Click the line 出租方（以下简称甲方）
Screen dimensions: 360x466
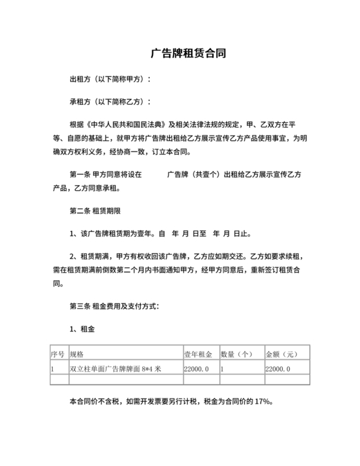pyautogui.click(x=110, y=79)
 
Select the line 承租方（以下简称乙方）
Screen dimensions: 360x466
pyautogui.click(x=110, y=102)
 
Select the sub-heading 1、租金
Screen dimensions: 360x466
pyautogui.click(x=82, y=328)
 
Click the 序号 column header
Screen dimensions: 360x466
pyautogui.click(x=58, y=354)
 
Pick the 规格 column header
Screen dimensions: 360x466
pyautogui.click(x=76, y=354)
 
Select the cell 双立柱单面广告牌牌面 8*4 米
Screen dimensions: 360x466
pyautogui.click(x=115, y=369)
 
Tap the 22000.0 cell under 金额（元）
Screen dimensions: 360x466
pyautogui.click(x=278, y=369)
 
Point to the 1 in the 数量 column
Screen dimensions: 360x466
pyautogui.click(x=222, y=369)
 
